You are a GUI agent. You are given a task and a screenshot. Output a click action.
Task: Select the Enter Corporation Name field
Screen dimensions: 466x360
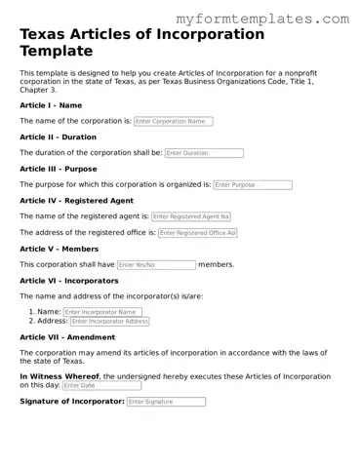click(173, 121)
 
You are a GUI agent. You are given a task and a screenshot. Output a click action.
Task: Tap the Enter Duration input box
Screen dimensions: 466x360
click(204, 153)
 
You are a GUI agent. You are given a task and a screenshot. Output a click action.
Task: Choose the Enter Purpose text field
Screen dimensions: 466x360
click(252, 184)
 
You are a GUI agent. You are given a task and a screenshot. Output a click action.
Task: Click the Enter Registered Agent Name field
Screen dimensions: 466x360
click(191, 216)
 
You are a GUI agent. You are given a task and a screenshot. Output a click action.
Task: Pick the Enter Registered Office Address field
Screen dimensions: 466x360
click(198, 233)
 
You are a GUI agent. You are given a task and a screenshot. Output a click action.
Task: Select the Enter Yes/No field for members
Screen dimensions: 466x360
click(156, 264)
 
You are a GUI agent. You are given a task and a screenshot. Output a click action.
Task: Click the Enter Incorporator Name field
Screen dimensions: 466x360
click(102, 312)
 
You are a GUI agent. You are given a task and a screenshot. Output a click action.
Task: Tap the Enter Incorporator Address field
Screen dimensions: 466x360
click(109, 321)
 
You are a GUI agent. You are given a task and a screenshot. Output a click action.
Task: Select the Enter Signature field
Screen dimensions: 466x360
click(166, 402)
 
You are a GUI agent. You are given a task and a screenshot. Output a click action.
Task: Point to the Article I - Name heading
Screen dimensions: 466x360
click(51, 104)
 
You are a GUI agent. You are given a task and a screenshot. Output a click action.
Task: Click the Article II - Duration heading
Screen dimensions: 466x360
click(58, 136)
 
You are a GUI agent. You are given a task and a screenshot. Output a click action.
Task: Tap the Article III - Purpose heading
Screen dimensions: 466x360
click(59, 169)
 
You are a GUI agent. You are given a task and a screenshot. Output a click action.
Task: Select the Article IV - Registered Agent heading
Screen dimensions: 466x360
click(76, 200)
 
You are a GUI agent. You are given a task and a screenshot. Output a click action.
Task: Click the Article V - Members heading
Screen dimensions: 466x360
click(59, 249)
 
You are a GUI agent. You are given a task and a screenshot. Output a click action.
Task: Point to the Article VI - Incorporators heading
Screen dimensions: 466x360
click(68, 280)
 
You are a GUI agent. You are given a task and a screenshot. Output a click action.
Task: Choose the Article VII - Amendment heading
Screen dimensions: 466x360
click(66, 336)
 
